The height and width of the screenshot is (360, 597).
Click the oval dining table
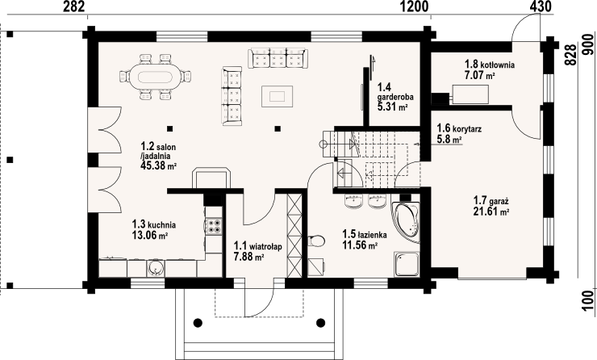pyautogui.click(x=155, y=77)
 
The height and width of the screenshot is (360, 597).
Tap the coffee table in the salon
pyautogui.click(x=277, y=96)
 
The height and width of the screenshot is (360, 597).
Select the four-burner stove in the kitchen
pyautogui.click(x=214, y=225)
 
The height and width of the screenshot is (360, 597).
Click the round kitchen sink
pyautogui.click(x=155, y=268)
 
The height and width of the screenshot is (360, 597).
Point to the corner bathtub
pyautogui.click(x=406, y=223)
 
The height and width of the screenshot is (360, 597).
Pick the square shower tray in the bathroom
pyautogui.click(x=407, y=264)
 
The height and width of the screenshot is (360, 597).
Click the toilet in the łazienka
pyautogui.click(x=316, y=241)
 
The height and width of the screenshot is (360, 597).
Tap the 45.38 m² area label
pyautogui.click(x=158, y=165)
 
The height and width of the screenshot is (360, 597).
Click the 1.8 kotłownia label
pyautogui.click(x=490, y=64)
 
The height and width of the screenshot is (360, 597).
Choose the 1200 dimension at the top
pyautogui.click(x=415, y=6)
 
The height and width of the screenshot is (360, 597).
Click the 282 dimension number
pyautogui.click(x=74, y=6)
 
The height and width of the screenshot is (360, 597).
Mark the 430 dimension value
pyautogui.click(x=541, y=6)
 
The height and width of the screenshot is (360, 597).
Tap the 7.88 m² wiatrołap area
pyautogui.click(x=249, y=257)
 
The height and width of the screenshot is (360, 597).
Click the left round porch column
pyautogui.click(x=198, y=323)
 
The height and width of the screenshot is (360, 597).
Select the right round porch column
pyautogui.click(x=321, y=323)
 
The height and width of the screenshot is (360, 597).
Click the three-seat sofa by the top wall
pyautogui.click(x=277, y=58)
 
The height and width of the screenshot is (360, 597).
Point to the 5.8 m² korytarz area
pyautogui.click(x=449, y=140)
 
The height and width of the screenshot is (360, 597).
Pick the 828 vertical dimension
pyautogui.click(x=570, y=55)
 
